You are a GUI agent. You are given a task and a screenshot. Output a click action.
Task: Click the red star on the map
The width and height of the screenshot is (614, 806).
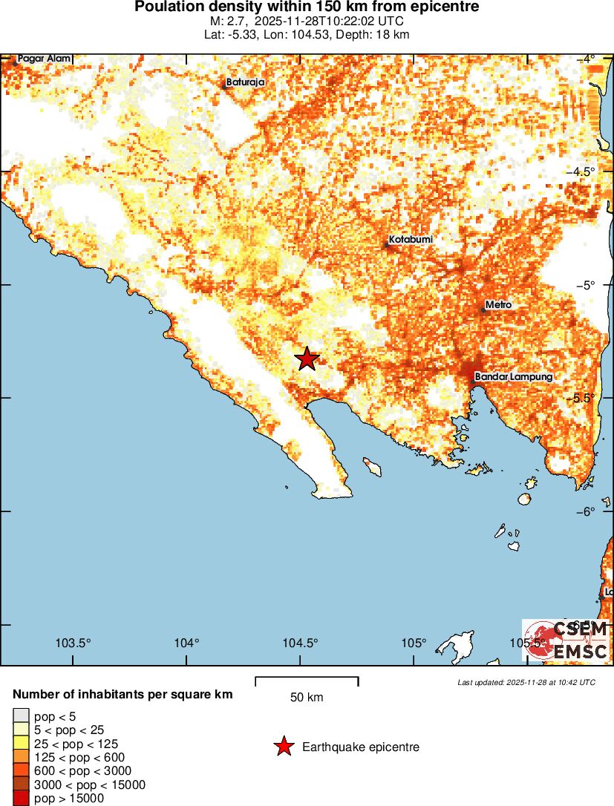[x=307, y=358]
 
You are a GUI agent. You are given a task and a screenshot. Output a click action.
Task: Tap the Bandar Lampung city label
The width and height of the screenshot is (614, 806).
[x=513, y=377]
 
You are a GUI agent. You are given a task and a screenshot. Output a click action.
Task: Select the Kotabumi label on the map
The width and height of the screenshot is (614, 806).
[x=411, y=240]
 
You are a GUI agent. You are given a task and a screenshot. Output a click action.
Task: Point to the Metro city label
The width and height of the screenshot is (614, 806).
[x=498, y=305]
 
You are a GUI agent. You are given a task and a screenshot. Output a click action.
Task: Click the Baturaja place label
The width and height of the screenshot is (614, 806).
[x=245, y=82]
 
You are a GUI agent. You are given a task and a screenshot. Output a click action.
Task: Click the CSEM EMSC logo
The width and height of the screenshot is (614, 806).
[x=566, y=640]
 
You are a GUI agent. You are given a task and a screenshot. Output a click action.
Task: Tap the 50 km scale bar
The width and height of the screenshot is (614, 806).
[x=307, y=680]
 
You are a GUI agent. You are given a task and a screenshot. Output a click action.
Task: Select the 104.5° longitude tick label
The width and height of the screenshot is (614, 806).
[x=301, y=643]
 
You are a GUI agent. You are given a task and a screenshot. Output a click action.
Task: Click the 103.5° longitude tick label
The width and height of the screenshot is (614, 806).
[x=74, y=643]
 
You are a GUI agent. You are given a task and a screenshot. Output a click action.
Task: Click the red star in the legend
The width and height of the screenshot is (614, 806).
[x=283, y=747]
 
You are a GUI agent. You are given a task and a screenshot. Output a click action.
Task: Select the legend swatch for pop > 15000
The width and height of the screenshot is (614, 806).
[x=22, y=798]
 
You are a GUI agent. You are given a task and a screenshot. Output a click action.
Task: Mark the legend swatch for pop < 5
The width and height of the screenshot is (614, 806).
[x=22, y=716]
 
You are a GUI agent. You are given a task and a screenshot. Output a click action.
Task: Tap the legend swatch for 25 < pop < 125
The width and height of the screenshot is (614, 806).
[x=22, y=744]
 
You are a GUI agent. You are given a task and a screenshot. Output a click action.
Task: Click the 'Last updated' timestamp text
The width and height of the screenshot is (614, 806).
[x=526, y=682]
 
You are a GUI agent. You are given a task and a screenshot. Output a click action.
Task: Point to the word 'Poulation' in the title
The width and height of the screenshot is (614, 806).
[x=166, y=7]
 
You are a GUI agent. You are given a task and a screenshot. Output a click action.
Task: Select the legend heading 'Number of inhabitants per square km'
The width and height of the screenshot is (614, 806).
[x=123, y=695]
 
